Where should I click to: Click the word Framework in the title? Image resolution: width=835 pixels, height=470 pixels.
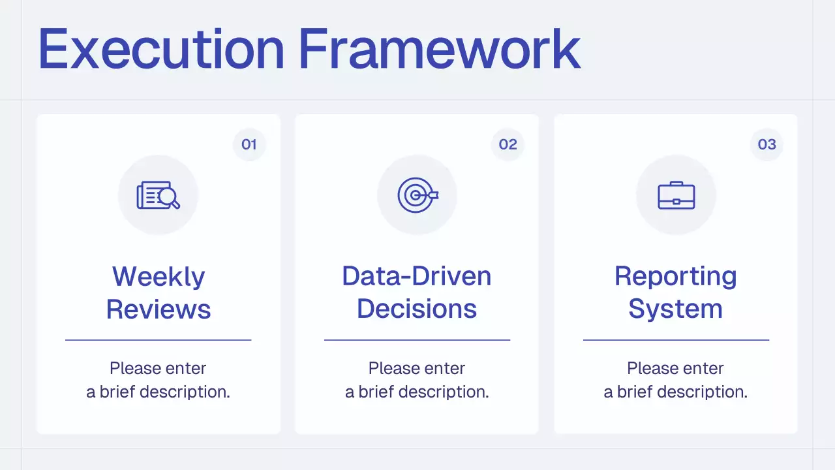(x=440, y=50)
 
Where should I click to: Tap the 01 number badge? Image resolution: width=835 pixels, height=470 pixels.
(x=249, y=144)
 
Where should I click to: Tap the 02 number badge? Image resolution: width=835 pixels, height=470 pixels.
(x=508, y=144)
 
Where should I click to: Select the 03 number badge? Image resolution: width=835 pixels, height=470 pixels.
(x=767, y=144)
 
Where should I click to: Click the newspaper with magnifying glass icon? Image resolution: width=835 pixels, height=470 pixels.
(x=158, y=195)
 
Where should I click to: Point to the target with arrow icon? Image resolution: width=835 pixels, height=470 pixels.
(x=417, y=195)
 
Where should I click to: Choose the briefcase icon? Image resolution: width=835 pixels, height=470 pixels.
(x=676, y=195)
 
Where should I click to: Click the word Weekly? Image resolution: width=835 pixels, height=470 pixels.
(x=159, y=277)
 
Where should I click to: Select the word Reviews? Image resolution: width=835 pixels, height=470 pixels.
(x=159, y=309)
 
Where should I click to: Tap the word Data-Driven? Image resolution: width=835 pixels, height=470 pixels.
(x=417, y=277)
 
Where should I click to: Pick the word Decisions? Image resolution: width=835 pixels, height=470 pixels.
(x=417, y=309)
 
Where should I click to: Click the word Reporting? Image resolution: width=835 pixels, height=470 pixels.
(x=676, y=277)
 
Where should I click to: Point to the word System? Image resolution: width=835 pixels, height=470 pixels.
(x=676, y=309)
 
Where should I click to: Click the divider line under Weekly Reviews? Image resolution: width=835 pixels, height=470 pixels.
(x=159, y=340)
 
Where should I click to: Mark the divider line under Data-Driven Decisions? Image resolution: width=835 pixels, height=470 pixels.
(x=417, y=340)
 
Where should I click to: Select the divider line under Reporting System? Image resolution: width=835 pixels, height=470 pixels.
(x=676, y=340)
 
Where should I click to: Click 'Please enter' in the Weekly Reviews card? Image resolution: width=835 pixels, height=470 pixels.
(x=158, y=368)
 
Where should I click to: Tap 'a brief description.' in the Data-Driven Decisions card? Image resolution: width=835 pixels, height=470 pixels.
(x=417, y=392)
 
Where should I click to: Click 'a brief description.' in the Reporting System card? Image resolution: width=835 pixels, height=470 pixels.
(x=676, y=392)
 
